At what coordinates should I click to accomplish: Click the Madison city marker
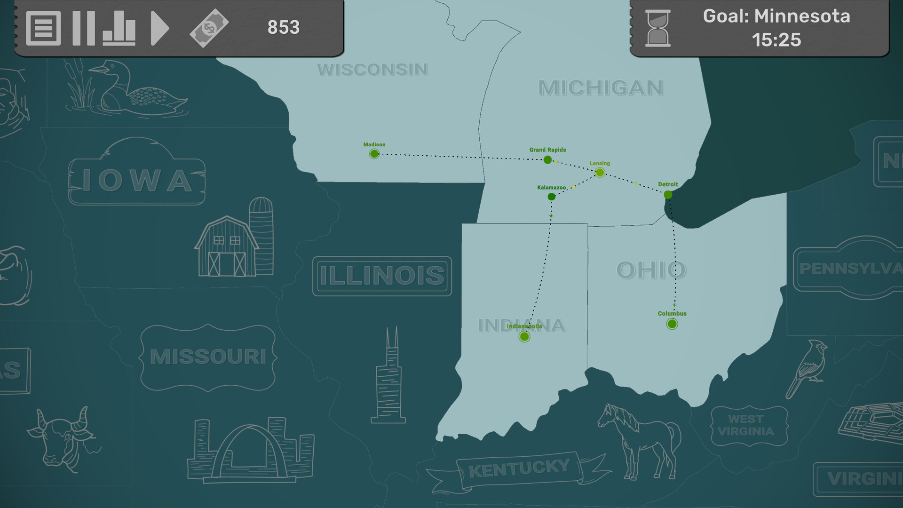[x=374, y=154]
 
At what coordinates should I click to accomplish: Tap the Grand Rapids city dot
[x=547, y=160]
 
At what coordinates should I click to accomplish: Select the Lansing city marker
[x=600, y=173]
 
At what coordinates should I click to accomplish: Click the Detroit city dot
[x=668, y=195]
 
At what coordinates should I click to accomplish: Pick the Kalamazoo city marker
[x=552, y=197]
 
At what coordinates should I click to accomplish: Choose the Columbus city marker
[x=672, y=324]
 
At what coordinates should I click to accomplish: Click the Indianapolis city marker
[x=524, y=336]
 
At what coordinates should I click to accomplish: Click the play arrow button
[x=159, y=28]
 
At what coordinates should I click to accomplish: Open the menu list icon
[x=43, y=28]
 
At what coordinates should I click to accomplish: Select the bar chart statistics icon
[x=119, y=28]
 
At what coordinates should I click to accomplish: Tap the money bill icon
[x=209, y=28]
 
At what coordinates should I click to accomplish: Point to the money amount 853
[x=283, y=27]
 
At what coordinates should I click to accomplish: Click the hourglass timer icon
[x=657, y=29]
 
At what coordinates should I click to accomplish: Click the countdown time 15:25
[x=776, y=40]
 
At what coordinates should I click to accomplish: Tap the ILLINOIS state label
[x=382, y=276]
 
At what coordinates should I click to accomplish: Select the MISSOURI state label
[x=208, y=357]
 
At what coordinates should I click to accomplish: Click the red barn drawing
[x=227, y=247]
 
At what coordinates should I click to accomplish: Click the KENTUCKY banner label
[x=519, y=468]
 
